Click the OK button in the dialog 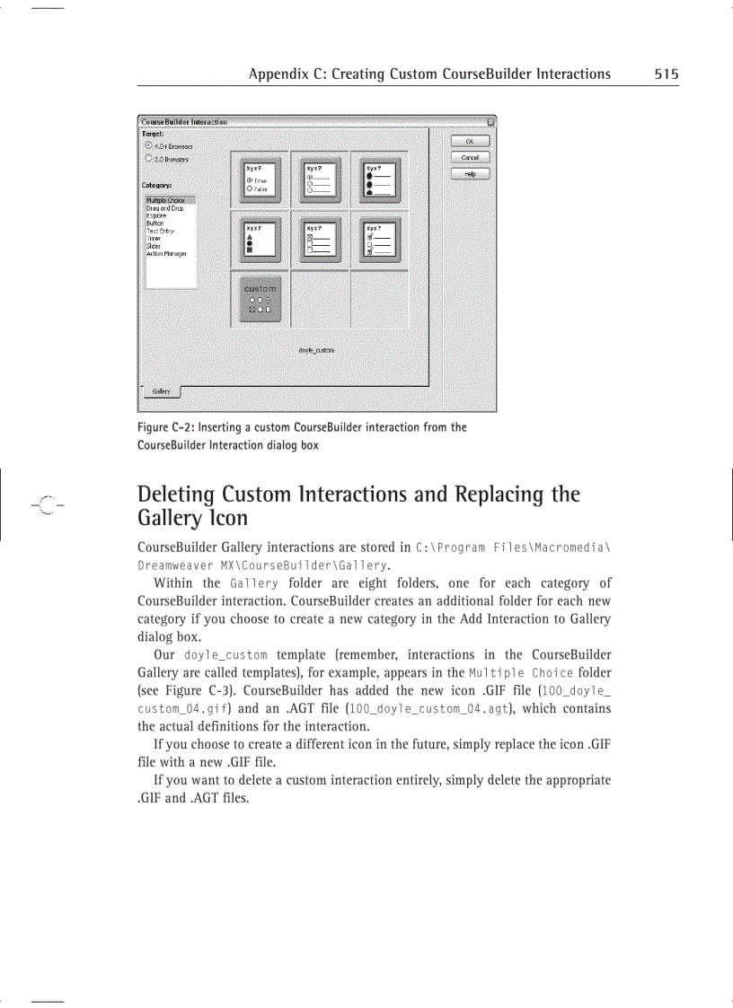click(470, 141)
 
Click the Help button click(470, 173)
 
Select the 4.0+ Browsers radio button click(148, 145)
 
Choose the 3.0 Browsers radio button click(148, 158)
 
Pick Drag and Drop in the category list click(164, 208)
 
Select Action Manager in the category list click(167, 254)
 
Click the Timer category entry click(155, 239)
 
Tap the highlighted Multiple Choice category click(166, 200)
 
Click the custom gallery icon click(261, 299)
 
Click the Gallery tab click(162, 391)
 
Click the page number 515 click(666, 75)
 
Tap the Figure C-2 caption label click(163, 427)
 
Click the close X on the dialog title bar click(490, 121)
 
